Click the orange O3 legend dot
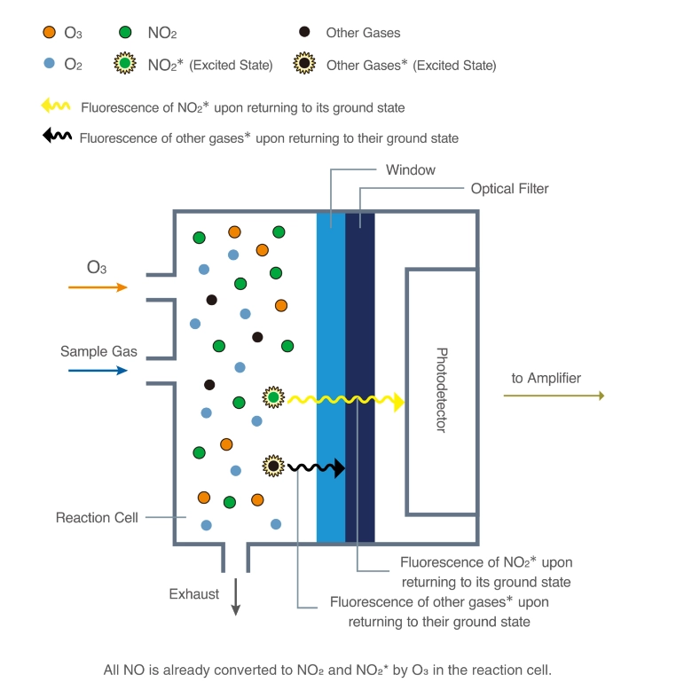(x=49, y=33)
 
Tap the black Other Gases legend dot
(x=304, y=33)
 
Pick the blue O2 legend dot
(x=50, y=64)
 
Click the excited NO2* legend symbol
(x=125, y=64)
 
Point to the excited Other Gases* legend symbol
(x=304, y=64)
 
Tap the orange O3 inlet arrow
(x=98, y=287)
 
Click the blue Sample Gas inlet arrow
(x=98, y=371)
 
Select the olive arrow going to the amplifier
(x=554, y=396)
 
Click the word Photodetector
(x=442, y=390)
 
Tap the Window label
(x=410, y=169)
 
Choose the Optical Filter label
(x=509, y=189)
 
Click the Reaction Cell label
(x=97, y=517)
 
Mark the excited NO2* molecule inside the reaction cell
(x=274, y=398)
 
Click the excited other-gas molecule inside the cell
(x=274, y=465)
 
